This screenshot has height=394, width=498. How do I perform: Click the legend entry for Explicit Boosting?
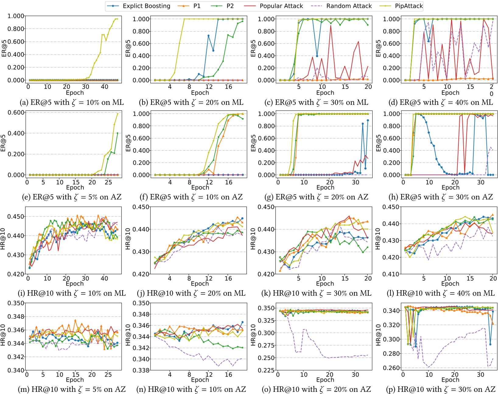pyautogui.click(x=146, y=6)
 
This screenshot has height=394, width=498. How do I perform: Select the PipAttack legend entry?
pyautogui.click(x=409, y=6)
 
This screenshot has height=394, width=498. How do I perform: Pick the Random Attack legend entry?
pyautogui.click(x=349, y=6)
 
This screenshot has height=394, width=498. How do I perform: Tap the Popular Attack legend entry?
pyautogui.click(x=281, y=6)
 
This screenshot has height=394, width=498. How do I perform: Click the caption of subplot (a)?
pyautogui.click(x=72, y=102)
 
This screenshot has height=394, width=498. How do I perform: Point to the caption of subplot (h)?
pyautogui.click(x=440, y=197)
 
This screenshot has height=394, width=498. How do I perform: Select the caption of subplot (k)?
pyautogui.click(x=316, y=293)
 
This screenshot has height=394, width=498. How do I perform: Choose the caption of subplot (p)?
pyautogui.click(x=440, y=389)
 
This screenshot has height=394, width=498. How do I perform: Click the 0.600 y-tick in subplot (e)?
pyautogui.click(x=16, y=112)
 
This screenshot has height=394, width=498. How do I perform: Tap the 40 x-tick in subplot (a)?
pyautogui.click(x=104, y=87)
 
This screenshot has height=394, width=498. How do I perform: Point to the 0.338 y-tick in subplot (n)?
pyautogui.click(x=141, y=370)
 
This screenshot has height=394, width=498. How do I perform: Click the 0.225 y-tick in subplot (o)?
pyautogui.click(x=266, y=370)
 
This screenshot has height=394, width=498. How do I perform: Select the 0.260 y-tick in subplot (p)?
pyautogui.click(x=391, y=368)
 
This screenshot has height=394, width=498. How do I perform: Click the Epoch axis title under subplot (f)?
pyautogui.click(x=200, y=188)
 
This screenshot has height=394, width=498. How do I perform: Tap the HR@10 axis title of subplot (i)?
pyautogui.click(x=3, y=239)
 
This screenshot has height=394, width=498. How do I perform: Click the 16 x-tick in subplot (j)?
pyautogui.click(x=228, y=278)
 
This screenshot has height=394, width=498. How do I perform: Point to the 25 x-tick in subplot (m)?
pyautogui.click(x=108, y=375)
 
